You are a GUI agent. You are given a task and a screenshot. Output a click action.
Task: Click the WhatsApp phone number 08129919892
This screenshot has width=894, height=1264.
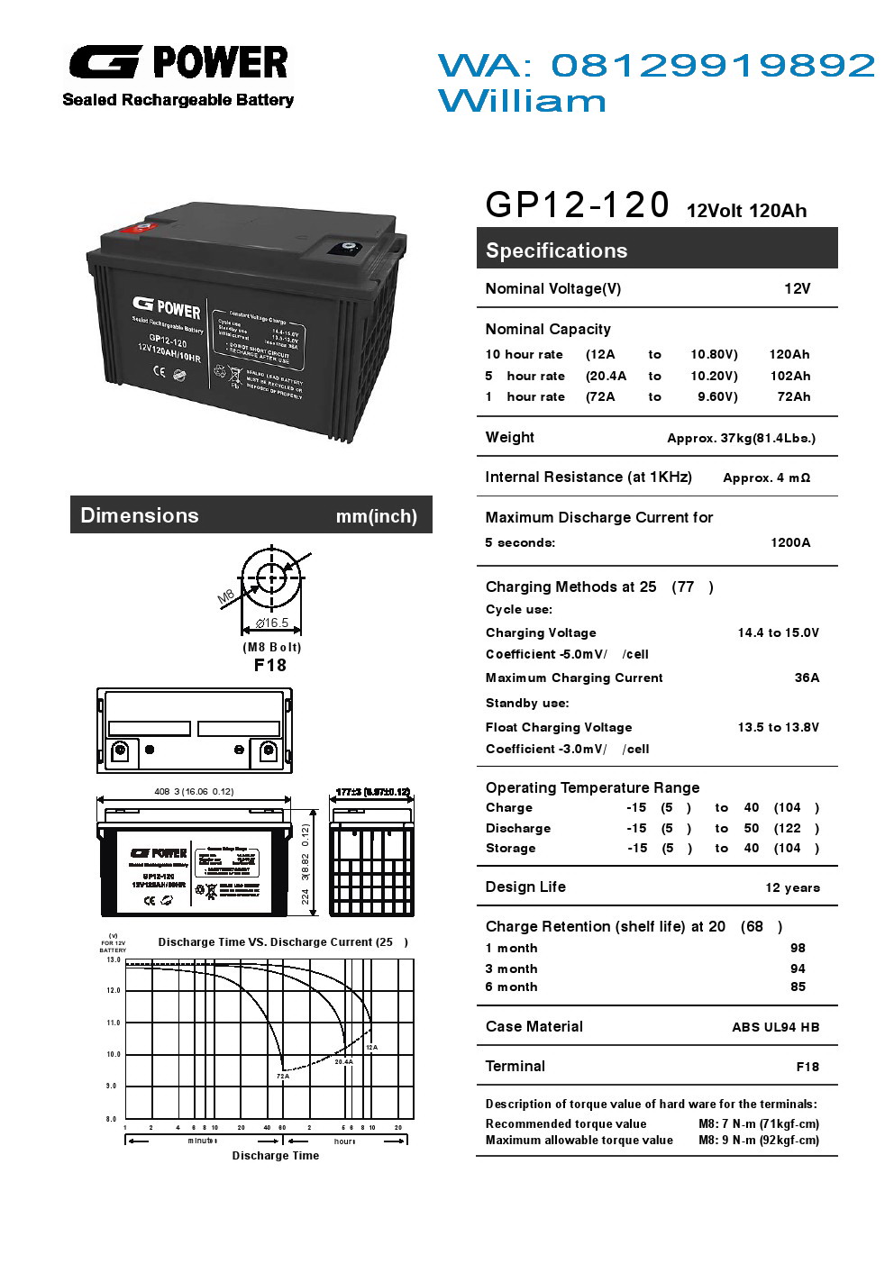coord(712,65)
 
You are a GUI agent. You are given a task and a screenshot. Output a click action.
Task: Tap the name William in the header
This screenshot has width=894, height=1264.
coord(522,101)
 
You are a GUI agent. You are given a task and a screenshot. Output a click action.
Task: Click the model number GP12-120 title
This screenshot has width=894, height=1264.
coord(577,205)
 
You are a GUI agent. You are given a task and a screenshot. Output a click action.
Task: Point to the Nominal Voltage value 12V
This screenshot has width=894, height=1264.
coord(797,288)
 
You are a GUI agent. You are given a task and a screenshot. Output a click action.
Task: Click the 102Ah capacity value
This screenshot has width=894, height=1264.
coord(789,376)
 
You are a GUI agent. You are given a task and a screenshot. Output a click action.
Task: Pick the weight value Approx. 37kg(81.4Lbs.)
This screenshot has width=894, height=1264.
coord(741,438)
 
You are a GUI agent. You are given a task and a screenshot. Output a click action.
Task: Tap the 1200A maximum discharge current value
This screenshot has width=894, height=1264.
coord(790,542)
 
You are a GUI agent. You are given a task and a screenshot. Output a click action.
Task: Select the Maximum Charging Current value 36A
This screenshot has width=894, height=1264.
coord(807,677)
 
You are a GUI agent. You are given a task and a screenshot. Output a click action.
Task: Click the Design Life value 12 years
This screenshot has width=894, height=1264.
coord(792,887)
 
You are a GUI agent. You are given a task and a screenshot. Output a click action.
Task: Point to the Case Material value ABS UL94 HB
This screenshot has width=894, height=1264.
coord(775,1027)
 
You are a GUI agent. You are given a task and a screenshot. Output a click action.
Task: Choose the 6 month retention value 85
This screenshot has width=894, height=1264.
coord(798,987)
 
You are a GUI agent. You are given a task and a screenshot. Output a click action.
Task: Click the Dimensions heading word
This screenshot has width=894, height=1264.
coord(140,515)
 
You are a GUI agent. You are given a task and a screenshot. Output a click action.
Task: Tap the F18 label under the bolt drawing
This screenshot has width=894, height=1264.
coord(270,665)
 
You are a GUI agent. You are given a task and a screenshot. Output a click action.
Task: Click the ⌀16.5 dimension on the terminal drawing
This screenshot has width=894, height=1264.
coord(272,623)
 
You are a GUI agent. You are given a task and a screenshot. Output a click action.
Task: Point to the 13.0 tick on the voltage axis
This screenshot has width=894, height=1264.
coord(114,960)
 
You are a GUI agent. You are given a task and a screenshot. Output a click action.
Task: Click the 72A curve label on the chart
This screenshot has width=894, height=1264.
coord(283,1076)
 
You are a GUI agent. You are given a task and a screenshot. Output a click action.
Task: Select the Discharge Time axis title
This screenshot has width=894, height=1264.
coord(275,1156)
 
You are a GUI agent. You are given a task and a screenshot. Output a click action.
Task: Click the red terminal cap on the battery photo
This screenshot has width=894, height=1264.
coord(141,229)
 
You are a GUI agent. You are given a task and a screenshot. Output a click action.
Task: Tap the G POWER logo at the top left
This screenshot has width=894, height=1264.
coord(178,63)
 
